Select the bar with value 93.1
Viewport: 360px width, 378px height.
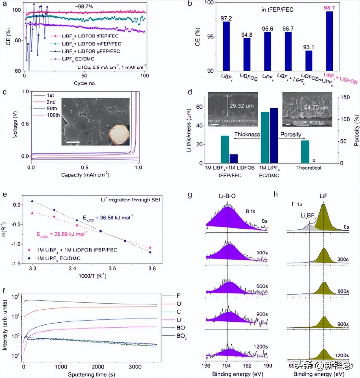pyautogui.click(x=309, y=61)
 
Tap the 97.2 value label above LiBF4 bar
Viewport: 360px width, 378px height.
pyautogui.click(x=226, y=19)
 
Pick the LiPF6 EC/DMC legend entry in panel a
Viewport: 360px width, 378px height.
pyautogui.click(x=78, y=59)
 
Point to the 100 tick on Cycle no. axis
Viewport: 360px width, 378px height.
pyautogui.click(x=145, y=76)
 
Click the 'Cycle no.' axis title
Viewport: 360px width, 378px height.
pyautogui.click(x=84, y=83)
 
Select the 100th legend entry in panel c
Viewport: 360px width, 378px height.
pyautogui.click(x=53, y=115)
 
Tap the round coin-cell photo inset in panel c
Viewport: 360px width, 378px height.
pyautogui.click(x=119, y=135)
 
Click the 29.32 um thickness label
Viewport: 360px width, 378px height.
pyautogui.click(x=241, y=106)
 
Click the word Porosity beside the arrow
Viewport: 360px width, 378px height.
pyautogui.click(x=290, y=134)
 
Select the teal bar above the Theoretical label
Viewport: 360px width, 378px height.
pyautogui.click(x=305, y=152)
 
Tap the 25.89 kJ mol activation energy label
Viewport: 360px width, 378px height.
pyautogui.click(x=61, y=234)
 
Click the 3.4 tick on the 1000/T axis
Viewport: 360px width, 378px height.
pyautogui.click(x=72, y=269)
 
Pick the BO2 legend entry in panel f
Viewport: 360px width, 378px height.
pyautogui.click(x=181, y=336)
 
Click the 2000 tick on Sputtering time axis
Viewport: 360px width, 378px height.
pyautogui.click(x=98, y=367)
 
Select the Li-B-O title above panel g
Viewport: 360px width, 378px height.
pyautogui.click(x=227, y=196)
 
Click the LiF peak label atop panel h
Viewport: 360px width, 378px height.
pyautogui.click(x=323, y=196)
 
